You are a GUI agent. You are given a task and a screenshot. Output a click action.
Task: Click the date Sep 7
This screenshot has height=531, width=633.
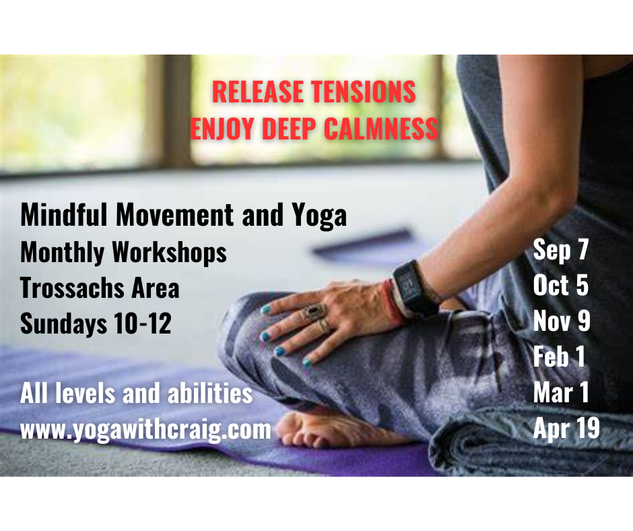click(561, 250)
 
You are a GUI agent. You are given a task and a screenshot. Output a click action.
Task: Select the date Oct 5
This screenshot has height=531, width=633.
click(561, 285)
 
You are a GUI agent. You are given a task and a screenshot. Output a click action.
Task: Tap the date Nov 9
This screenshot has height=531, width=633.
click(562, 321)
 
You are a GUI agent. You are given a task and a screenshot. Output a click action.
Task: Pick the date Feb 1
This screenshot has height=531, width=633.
click(559, 356)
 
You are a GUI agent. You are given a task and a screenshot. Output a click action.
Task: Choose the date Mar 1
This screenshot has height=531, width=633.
click(561, 392)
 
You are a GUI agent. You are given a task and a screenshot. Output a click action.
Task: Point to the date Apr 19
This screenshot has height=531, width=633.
click(566, 429)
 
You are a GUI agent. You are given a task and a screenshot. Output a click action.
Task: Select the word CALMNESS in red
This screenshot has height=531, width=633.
click(380, 129)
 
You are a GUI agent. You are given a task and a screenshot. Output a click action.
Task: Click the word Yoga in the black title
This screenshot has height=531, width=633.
click(319, 216)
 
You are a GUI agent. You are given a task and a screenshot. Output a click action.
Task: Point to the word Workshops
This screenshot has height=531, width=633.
click(169, 252)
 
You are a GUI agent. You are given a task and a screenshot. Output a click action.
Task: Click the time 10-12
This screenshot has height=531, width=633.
click(143, 323)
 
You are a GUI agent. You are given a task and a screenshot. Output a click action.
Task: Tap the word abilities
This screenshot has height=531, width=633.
click(210, 394)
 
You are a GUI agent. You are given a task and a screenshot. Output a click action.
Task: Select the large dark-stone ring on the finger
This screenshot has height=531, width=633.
click(314, 312)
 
